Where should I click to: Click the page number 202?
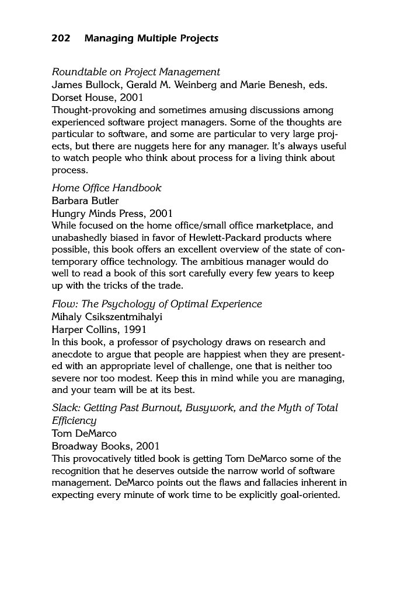(x=61, y=38)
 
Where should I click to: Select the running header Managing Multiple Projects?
(x=151, y=38)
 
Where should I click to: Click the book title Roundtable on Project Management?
(x=136, y=72)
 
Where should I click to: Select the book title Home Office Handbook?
(x=106, y=188)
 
